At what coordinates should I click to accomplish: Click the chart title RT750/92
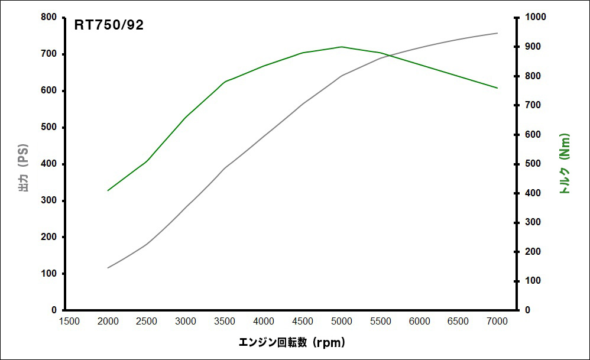[109, 25]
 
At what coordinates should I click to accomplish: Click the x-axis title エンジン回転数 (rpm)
[291, 342]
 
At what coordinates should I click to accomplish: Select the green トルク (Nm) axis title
[564, 164]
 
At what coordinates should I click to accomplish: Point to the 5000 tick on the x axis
[341, 321]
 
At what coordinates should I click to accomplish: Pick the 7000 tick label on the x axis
[497, 321]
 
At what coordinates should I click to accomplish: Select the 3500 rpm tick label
[225, 321]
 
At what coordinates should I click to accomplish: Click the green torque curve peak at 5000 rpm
[342, 47]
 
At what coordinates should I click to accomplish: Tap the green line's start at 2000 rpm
[108, 190]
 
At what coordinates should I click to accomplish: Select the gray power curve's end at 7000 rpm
[497, 33]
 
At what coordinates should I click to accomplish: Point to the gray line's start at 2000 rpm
[108, 268]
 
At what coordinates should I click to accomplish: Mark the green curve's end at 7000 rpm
[497, 88]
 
